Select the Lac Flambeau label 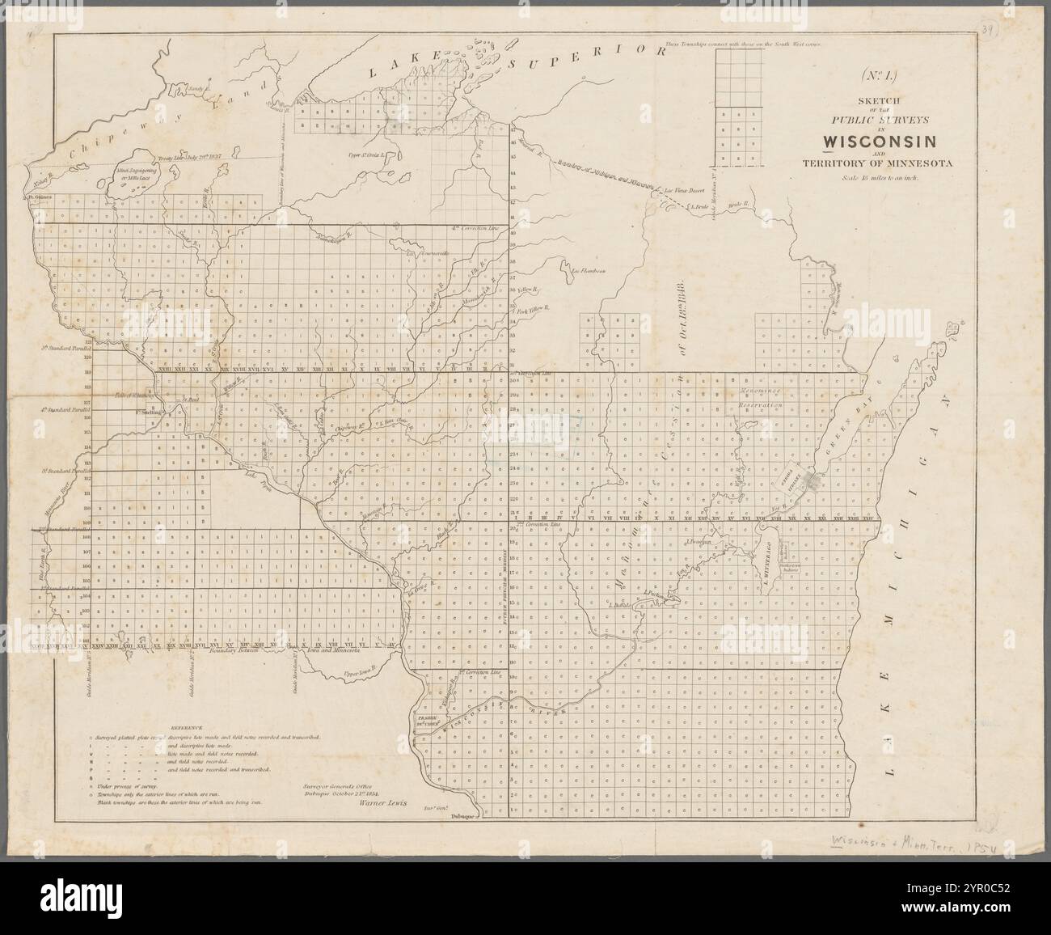588,270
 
